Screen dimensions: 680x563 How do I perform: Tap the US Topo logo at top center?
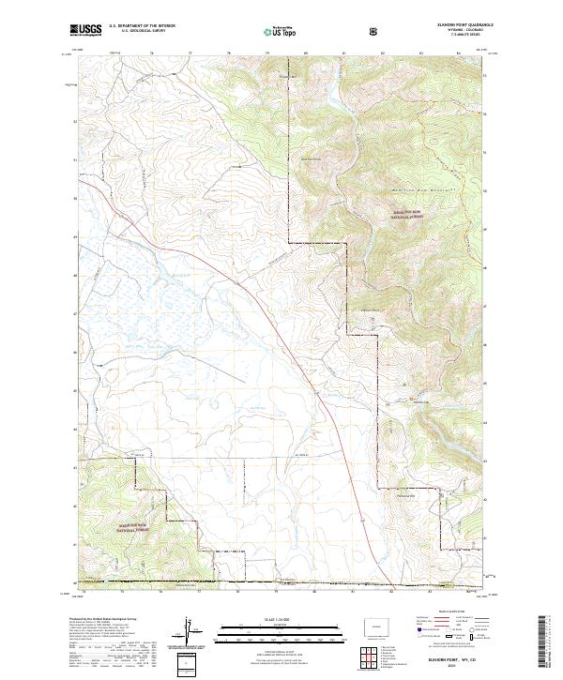coord(281,31)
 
